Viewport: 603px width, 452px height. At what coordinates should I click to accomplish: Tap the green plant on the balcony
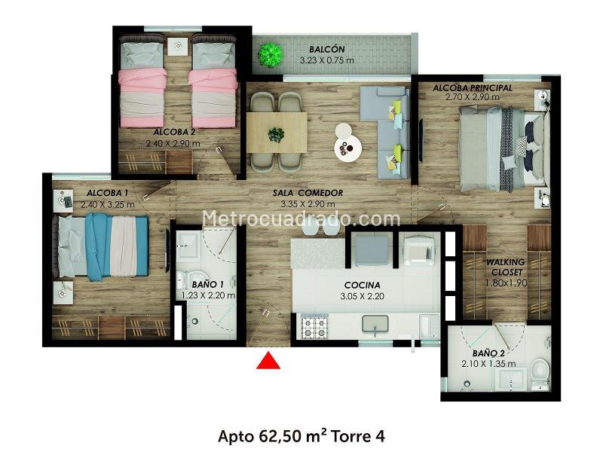pos(271,55)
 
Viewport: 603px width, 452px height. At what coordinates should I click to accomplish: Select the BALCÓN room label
pos(327,49)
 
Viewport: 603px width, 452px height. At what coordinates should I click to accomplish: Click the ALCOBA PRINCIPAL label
pos(473,87)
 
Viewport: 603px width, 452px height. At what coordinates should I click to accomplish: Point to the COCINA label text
pos(363,286)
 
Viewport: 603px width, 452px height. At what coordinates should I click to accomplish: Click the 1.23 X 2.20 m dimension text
pos(209,295)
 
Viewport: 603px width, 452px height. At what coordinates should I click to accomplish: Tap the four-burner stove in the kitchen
pos(315,327)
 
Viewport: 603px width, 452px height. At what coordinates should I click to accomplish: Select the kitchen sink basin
pos(375,324)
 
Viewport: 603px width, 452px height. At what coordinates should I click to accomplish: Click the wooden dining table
pos(277,133)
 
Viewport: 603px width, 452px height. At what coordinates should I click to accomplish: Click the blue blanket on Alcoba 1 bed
pos(99,247)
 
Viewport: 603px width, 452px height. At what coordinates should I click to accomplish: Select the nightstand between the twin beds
pos(178,47)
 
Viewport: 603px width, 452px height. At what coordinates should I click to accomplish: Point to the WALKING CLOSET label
pos(506,267)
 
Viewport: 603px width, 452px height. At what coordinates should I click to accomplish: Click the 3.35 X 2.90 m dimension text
pos(308,204)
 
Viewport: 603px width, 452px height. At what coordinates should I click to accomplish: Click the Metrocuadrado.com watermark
pos(301,218)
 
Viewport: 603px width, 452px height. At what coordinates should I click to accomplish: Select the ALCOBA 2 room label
pos(174,133)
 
